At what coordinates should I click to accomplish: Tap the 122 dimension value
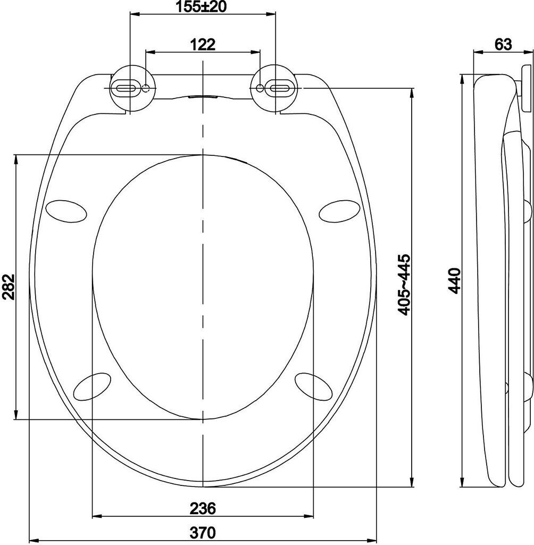tap(203, 45)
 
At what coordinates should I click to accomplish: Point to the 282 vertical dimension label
tap(9, 287)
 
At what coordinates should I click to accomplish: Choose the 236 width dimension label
tap(203, 508)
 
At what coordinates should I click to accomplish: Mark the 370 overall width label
tap(203, 532)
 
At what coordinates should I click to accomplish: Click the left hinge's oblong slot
tap(124, 88)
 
